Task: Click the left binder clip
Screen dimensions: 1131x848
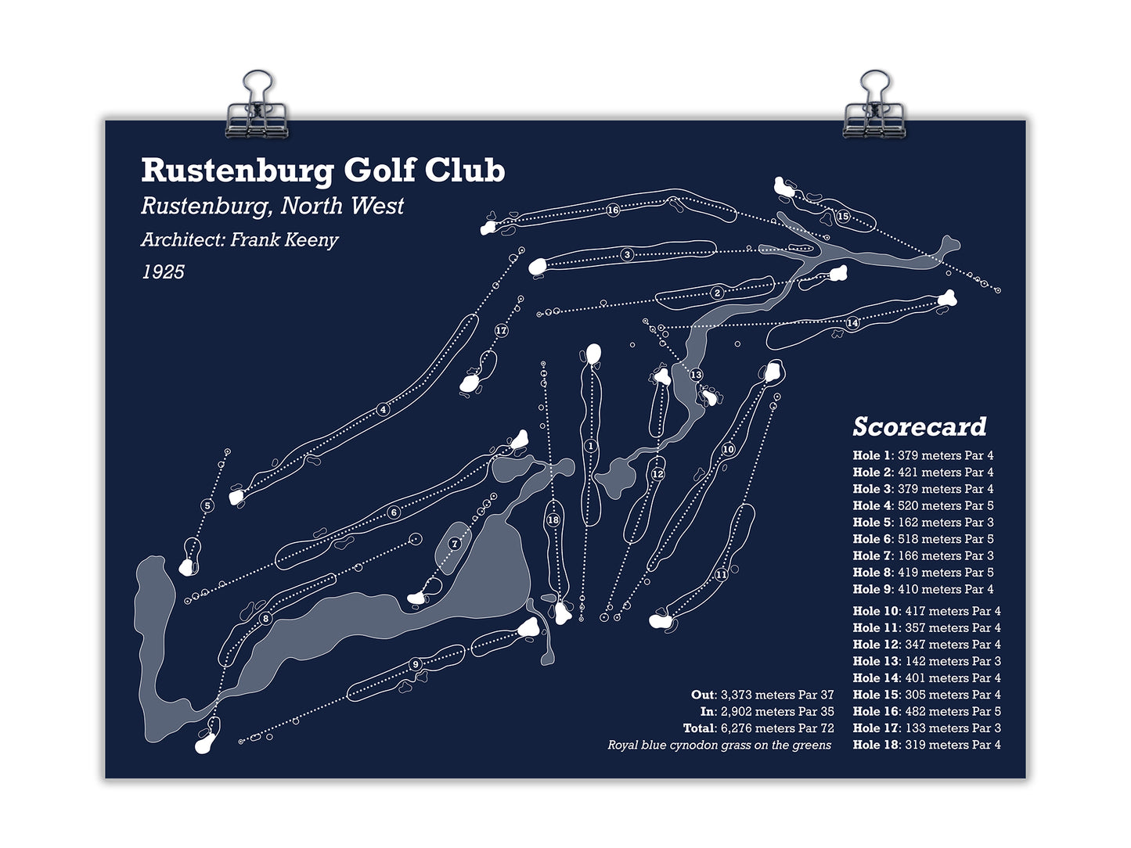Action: point(257,105)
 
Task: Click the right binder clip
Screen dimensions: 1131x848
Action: point(873,105)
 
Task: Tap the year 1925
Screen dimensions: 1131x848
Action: point(163,272)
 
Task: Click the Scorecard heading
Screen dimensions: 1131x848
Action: point(919,426)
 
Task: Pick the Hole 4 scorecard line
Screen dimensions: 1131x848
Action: point(923,505)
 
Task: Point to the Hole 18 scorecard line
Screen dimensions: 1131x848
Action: point(927,744)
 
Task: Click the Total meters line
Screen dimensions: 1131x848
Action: point(758,728)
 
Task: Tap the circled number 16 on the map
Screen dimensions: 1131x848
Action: point(612,210)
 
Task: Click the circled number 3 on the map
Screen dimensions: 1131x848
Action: point(627,254)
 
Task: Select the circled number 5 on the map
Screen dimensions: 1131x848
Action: point(207,505)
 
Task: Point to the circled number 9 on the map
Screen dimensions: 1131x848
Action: point(416,664)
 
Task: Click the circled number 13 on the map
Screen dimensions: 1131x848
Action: point(696,374)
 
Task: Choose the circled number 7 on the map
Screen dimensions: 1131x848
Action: point(454,544)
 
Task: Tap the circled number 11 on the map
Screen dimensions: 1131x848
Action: point(722,574)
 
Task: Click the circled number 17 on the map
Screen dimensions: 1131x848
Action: point(501,330)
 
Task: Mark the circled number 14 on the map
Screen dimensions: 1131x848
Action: point(852,323)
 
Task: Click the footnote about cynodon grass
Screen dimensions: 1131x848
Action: point(719,745)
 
